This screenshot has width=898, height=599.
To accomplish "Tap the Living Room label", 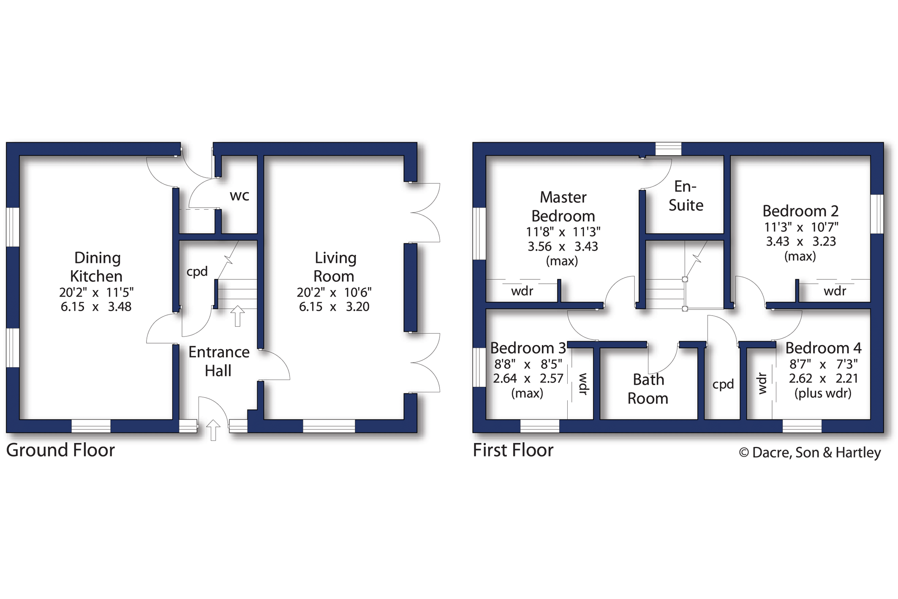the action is pos(335,267).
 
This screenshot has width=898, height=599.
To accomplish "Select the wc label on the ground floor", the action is pos(239,196).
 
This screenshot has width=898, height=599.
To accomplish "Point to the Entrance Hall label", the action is pos(219,361).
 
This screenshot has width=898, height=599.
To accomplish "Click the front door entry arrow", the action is pos(213,430).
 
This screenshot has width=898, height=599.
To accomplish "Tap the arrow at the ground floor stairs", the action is pos(237,316).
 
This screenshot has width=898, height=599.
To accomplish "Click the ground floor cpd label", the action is pos(197,271).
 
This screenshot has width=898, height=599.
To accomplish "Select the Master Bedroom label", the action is pos(563,207).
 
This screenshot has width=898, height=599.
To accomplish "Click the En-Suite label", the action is pos(686,196).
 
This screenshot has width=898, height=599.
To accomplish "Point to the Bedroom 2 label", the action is pos(800,211).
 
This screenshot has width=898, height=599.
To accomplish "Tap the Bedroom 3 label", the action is pos(528,348).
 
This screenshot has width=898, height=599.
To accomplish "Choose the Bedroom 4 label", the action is pos(823,348).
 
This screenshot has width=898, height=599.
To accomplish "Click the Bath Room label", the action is pos(648,389).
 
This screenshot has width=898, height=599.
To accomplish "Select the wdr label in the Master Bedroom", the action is pos(522,291).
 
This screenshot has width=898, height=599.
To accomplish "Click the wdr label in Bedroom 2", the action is pos(835,291).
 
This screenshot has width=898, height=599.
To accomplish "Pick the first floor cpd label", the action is pos(723,385).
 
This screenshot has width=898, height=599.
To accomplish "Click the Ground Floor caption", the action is pos(60,450).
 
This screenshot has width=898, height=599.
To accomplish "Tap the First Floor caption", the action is pos(513,450).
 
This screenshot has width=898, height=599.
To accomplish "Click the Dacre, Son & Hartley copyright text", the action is pos(810,453).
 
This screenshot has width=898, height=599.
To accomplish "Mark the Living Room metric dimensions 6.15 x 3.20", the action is pos(334,307).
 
